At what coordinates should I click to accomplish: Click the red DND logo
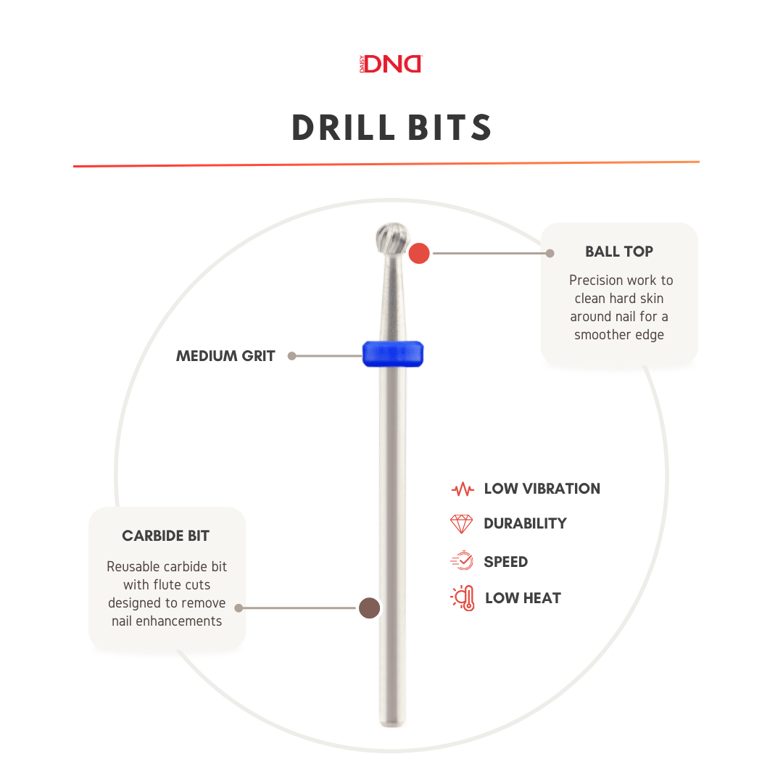(391, 64)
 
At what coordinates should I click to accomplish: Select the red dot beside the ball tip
(419, 254)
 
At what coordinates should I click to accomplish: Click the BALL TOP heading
(619, 252)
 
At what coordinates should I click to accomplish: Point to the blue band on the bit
(393, 354)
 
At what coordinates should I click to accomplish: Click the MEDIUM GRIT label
(225, 356)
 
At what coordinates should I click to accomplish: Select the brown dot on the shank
(370, 608)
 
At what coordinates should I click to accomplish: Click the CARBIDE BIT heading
(166, 536)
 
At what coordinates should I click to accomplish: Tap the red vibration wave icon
(462, 489)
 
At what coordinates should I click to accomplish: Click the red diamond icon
(462, 523)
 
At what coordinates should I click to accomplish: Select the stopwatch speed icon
(462, 561)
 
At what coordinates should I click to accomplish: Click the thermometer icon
(463, 598)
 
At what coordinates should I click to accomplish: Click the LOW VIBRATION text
(542, 489)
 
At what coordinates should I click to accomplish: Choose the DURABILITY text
(525, 523)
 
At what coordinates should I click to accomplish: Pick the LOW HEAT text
(523, 598)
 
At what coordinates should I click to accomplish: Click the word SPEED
(505, 562)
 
